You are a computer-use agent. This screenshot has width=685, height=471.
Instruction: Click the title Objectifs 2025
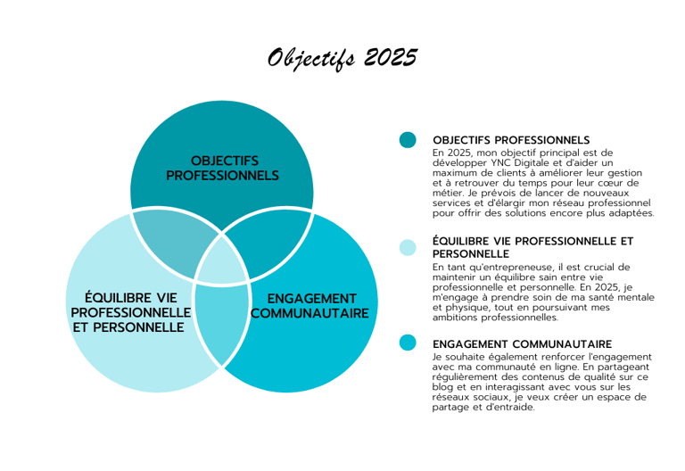[342, 58]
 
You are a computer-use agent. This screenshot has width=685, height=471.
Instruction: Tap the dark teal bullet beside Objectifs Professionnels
[408, 140]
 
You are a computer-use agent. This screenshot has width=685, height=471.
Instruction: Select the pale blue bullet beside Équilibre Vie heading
[408, 247]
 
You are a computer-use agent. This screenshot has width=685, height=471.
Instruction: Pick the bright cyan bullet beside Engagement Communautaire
[408, 343]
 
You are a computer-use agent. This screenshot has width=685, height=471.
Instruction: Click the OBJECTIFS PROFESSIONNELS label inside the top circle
[222, 168]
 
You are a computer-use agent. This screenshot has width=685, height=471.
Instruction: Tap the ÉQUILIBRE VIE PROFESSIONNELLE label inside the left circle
[130, 312]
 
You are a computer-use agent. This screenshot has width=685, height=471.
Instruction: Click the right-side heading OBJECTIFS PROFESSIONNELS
[511, 140]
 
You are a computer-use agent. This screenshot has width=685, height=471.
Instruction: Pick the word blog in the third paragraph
[446, 387]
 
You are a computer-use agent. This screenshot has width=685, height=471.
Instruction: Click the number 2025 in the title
[390, 58]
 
